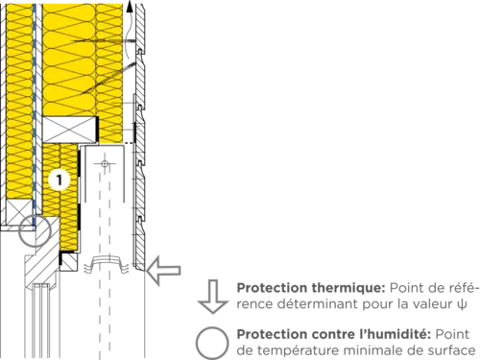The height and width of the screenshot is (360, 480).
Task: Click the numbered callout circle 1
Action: [x=60, y=180]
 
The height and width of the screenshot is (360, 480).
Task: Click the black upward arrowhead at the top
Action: [x=130, y=7]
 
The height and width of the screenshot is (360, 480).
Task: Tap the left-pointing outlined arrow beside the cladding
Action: [x=163, y=271]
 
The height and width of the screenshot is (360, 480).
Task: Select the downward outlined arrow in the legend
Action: [x=213, y=297]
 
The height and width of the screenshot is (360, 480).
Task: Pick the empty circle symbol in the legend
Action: [x=212, y=343]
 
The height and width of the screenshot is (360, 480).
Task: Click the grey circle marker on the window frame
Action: [x=35, y=231]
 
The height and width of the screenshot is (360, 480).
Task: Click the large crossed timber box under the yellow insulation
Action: [x=70, y=130]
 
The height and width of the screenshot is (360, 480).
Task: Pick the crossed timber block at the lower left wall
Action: [x=20, y=212]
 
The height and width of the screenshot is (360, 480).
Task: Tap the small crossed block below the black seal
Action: [x=69, y=261]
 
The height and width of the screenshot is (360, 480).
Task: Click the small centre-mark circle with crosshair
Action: [x=105, y=164]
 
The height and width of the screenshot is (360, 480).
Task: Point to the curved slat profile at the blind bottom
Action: [x=106, y=264]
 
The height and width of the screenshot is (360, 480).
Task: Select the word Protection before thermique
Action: [x=273, y=288]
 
